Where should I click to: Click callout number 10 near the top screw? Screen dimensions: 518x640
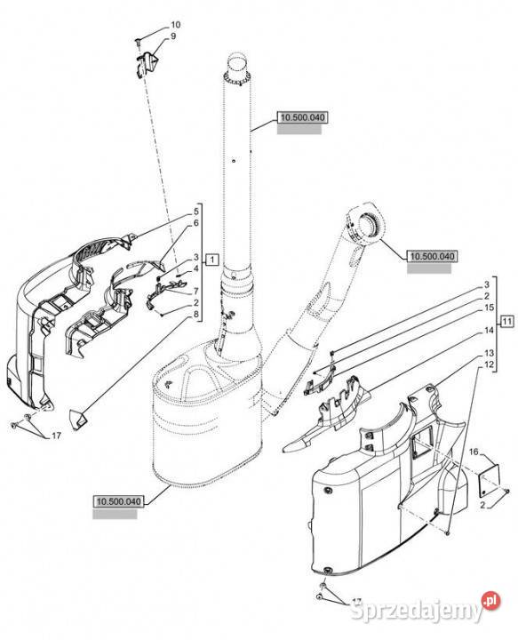click(175, 25)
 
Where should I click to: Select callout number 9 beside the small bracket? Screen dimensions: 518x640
click(173, 36)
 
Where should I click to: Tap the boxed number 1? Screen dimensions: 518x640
click(212, 259)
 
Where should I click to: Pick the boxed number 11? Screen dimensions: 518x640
click(506, 321)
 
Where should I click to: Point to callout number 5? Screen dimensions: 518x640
click(196, 212)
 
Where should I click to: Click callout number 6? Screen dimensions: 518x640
click(196, 223)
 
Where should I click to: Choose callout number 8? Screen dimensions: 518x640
click(196, 315)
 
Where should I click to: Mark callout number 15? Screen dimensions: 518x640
click(489, 308)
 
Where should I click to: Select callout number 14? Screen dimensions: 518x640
click(489, 330)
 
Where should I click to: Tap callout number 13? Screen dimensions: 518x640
click(489, 353)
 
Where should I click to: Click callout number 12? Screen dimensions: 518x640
click(489, 364)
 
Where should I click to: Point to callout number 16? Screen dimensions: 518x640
click(474, 452)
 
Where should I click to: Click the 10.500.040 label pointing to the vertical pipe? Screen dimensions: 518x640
click(302, 117)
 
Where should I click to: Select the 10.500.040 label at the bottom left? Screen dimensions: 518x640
click(119, 501)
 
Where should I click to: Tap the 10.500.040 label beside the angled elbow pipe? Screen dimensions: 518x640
click(432, 256)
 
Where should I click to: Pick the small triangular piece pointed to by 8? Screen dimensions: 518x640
click(78, 420)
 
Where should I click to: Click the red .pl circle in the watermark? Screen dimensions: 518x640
click(491, 600)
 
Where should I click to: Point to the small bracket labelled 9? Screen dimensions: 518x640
click(146, 63)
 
